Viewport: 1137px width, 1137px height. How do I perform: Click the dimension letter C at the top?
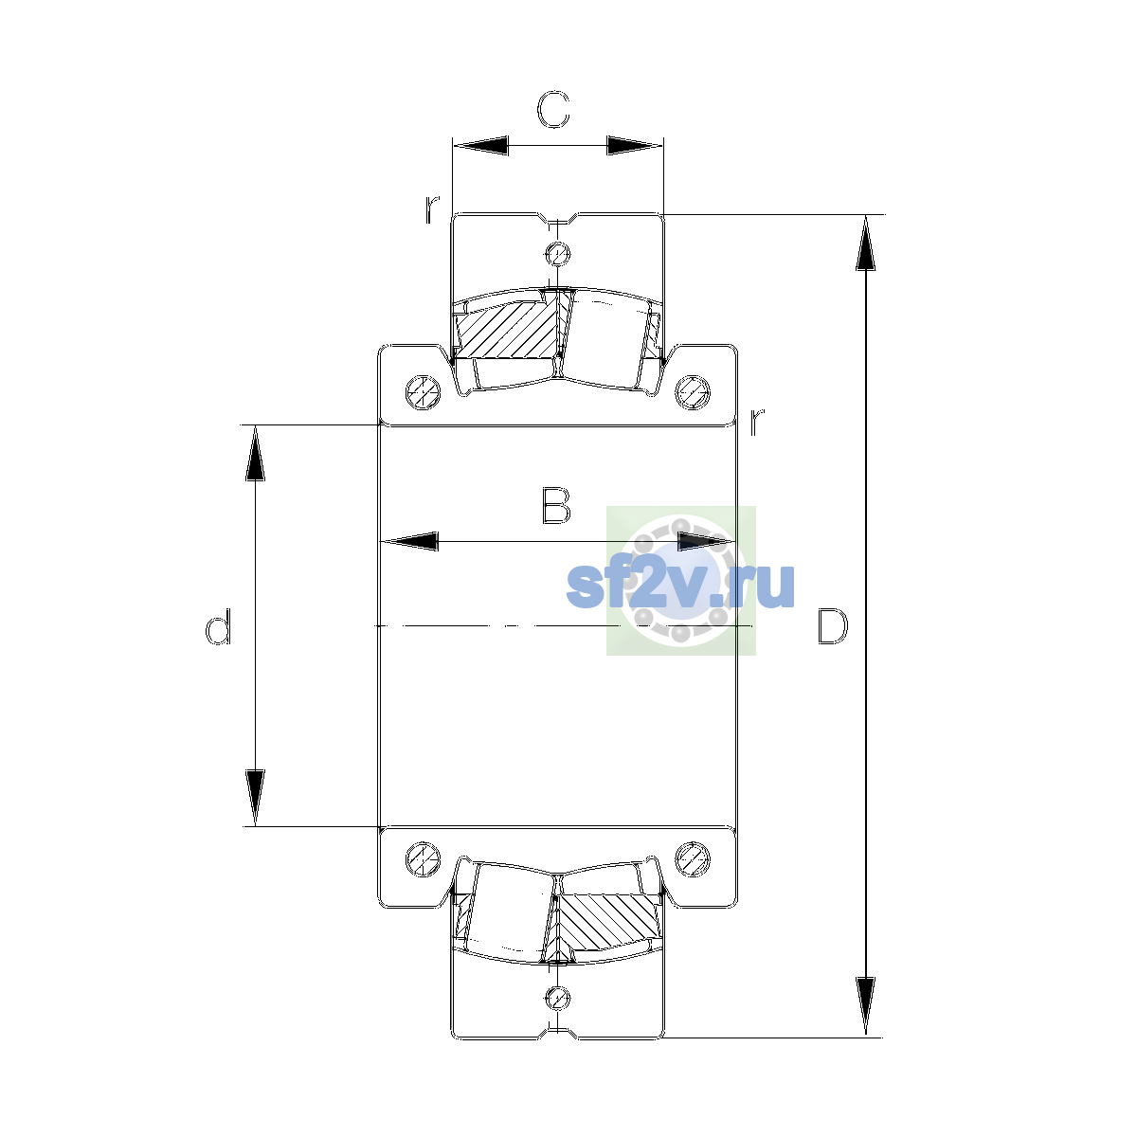coord(552,109)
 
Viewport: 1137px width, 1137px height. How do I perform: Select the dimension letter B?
coord(555,506)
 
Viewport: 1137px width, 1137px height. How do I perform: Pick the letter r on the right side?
coord(757,421)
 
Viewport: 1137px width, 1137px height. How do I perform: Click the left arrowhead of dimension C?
coord(480,145)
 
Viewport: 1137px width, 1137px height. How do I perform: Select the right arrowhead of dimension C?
coord(635,145)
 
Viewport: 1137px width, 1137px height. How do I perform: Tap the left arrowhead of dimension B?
coord(409,541)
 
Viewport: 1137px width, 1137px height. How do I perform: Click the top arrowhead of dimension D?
coord(866,244)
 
